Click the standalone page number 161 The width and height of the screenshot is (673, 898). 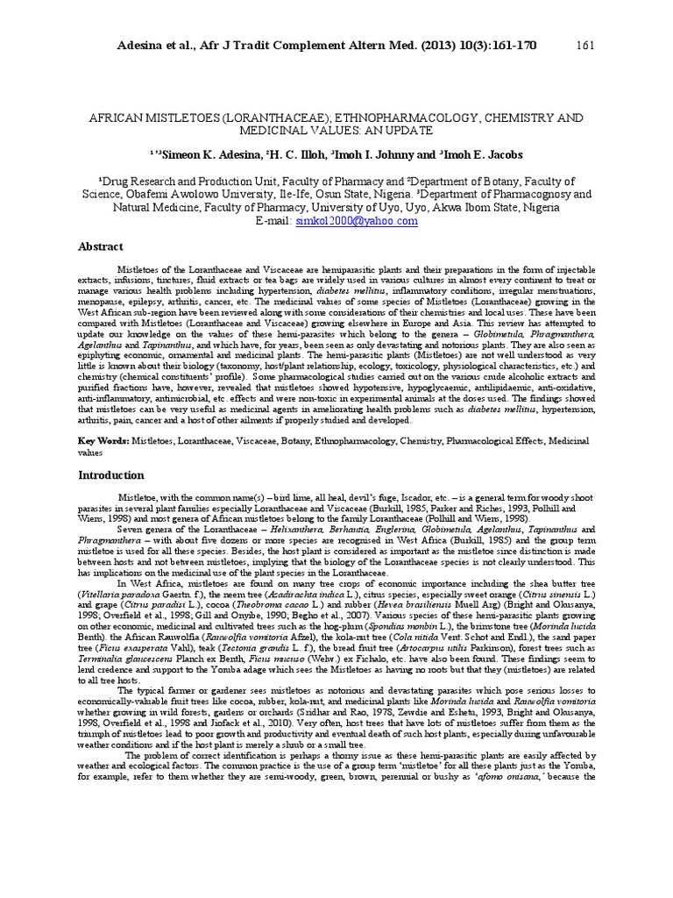[x=586, y=46]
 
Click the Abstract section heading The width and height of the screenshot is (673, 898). [x=101, y=247]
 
